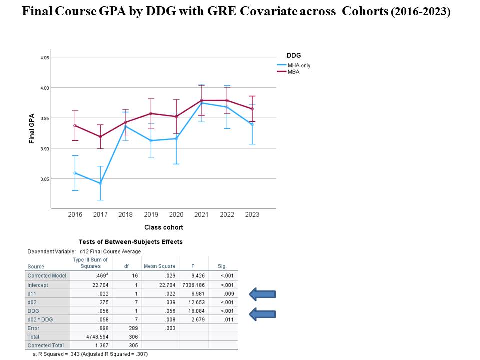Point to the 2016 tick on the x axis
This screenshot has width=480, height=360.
(x=75, y=214)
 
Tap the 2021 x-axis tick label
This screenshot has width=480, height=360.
(x=201, y=214)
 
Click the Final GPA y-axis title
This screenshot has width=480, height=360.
(x=32, y=128)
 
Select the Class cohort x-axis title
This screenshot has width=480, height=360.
(x=164, y=227)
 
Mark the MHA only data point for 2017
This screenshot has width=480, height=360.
(x=100, y=183)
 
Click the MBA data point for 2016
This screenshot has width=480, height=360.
(x=75, y=126)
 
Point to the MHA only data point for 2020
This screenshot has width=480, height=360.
(x=176, y=138)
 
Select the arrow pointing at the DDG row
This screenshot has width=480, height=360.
(x=262, y=314)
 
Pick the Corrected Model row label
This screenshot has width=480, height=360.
(x=47, y=276)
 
